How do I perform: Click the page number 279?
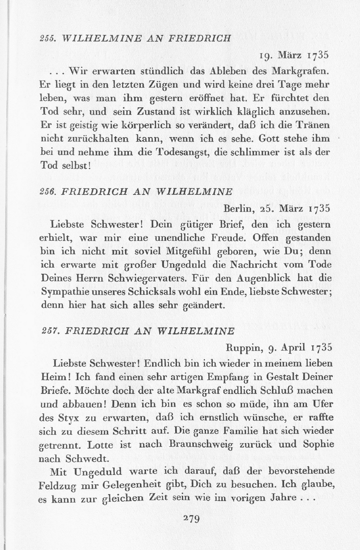(191, 519)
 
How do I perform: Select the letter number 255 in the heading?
(47, 38)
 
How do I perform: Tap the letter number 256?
(48, 191)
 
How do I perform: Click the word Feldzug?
(56, 486)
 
